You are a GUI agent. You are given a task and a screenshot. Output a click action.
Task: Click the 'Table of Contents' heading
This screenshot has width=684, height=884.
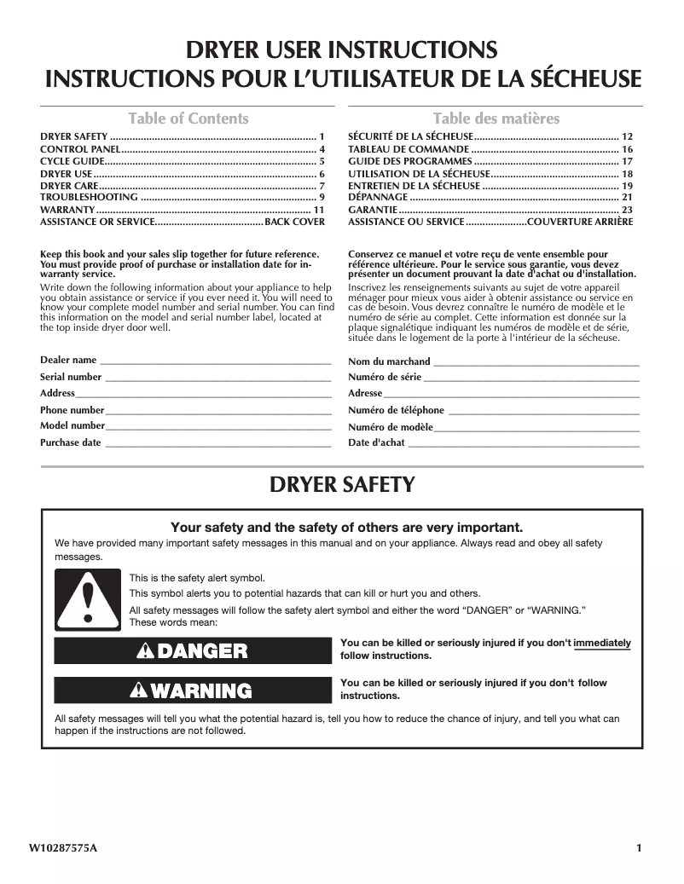coord(188,118)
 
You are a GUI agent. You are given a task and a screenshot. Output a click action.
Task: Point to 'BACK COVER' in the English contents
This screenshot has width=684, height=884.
coord(295,222)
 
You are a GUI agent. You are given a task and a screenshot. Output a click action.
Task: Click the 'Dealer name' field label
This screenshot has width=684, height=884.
coord(68,361)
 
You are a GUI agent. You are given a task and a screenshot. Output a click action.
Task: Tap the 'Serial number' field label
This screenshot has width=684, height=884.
coord(71,377)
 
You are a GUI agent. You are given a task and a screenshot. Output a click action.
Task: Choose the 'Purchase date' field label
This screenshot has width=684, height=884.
coord(71,442)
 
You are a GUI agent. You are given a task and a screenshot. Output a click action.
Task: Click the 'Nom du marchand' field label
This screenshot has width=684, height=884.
coord(389,361)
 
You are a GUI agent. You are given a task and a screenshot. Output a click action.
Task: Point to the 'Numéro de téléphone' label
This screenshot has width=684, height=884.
coord(396,410)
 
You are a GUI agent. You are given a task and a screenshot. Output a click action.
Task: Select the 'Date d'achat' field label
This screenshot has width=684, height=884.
coord(376,442)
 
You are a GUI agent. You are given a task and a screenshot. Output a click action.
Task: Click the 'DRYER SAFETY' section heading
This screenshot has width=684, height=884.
coord(342,485)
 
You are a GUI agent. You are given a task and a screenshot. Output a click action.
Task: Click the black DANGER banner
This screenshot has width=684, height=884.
coord(192,651)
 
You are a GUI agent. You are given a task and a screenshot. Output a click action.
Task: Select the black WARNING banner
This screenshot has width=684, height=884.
coord(192,690)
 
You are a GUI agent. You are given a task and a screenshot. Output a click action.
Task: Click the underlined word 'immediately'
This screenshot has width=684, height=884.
coord(602,643)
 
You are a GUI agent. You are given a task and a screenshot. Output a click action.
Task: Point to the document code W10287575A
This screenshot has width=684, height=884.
coord(63,848)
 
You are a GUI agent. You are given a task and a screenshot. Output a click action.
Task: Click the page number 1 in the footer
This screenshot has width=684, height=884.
coord(638,848)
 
